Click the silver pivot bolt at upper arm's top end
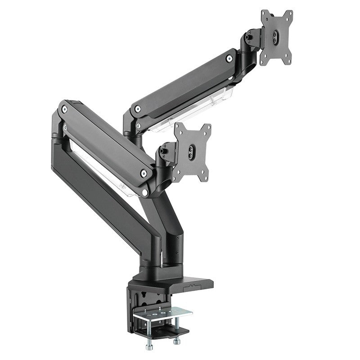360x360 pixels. [229, 58]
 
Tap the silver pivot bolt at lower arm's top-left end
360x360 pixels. [65, 109]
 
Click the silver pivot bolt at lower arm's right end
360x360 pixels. [144, 172]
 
